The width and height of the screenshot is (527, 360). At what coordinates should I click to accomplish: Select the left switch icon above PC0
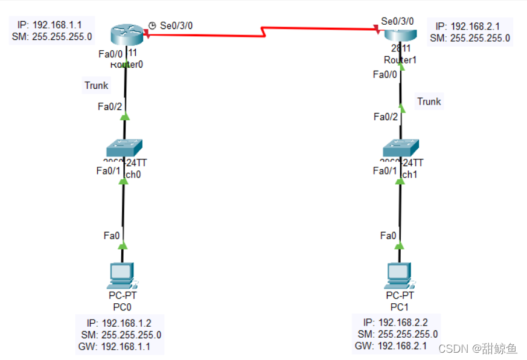(124, 147)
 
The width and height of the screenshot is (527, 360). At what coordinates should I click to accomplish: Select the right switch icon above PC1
(400, 147)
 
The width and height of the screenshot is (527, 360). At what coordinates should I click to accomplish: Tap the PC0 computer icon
(123, 275)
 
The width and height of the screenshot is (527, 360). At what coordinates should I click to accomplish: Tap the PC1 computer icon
(399, 275)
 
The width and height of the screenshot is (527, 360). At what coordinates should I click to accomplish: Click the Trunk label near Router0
(97, 85)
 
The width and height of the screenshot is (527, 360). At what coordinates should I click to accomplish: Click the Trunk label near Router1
(429, 101)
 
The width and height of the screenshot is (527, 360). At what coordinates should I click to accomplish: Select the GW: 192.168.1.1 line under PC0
(115, 347)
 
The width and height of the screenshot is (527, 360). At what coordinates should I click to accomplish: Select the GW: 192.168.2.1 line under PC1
(391, 346)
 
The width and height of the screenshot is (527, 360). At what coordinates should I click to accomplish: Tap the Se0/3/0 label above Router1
(397, 21)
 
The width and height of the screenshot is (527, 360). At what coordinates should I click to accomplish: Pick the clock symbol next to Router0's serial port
(153, 25)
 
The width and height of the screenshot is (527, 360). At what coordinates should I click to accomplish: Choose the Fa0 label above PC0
(111, 236)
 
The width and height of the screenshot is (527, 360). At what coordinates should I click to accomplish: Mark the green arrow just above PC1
(399, 245)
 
